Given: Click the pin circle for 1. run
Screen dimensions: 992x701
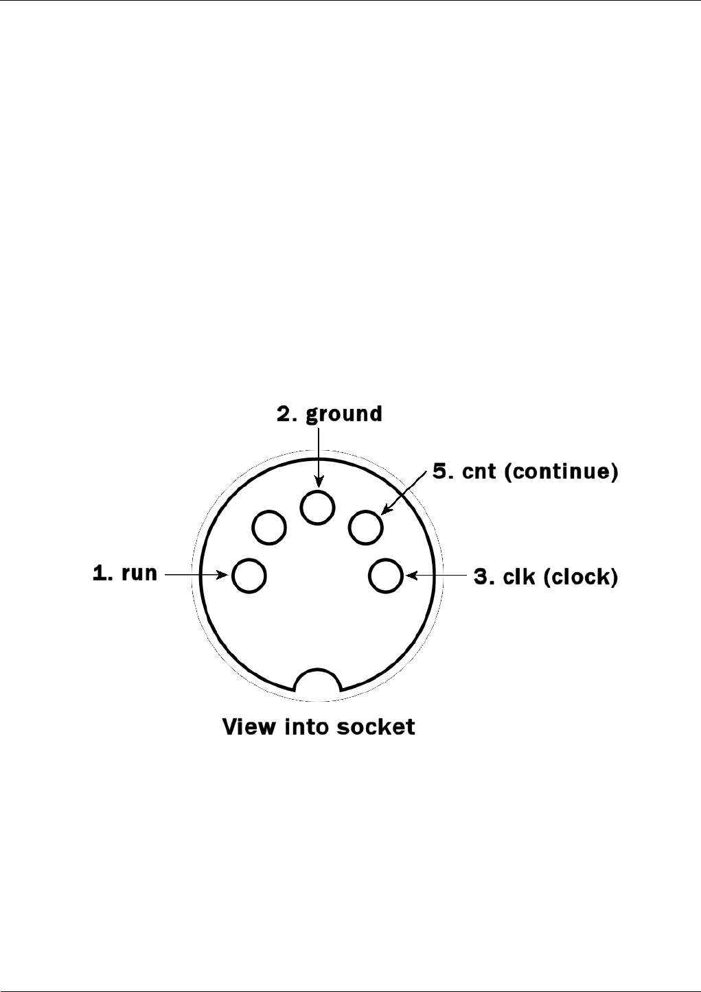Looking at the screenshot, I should pos(249,575).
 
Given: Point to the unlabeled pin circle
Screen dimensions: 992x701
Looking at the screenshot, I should pos(268,528).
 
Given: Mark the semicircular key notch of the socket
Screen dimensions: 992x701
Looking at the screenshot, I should pos(317,680).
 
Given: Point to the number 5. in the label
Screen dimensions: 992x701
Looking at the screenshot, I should pos(439,473).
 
